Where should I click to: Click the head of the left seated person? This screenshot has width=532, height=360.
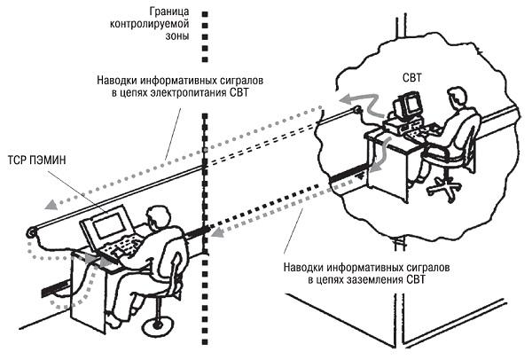[158, 217]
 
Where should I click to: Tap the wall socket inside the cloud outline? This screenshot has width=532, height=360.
[357, 111]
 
